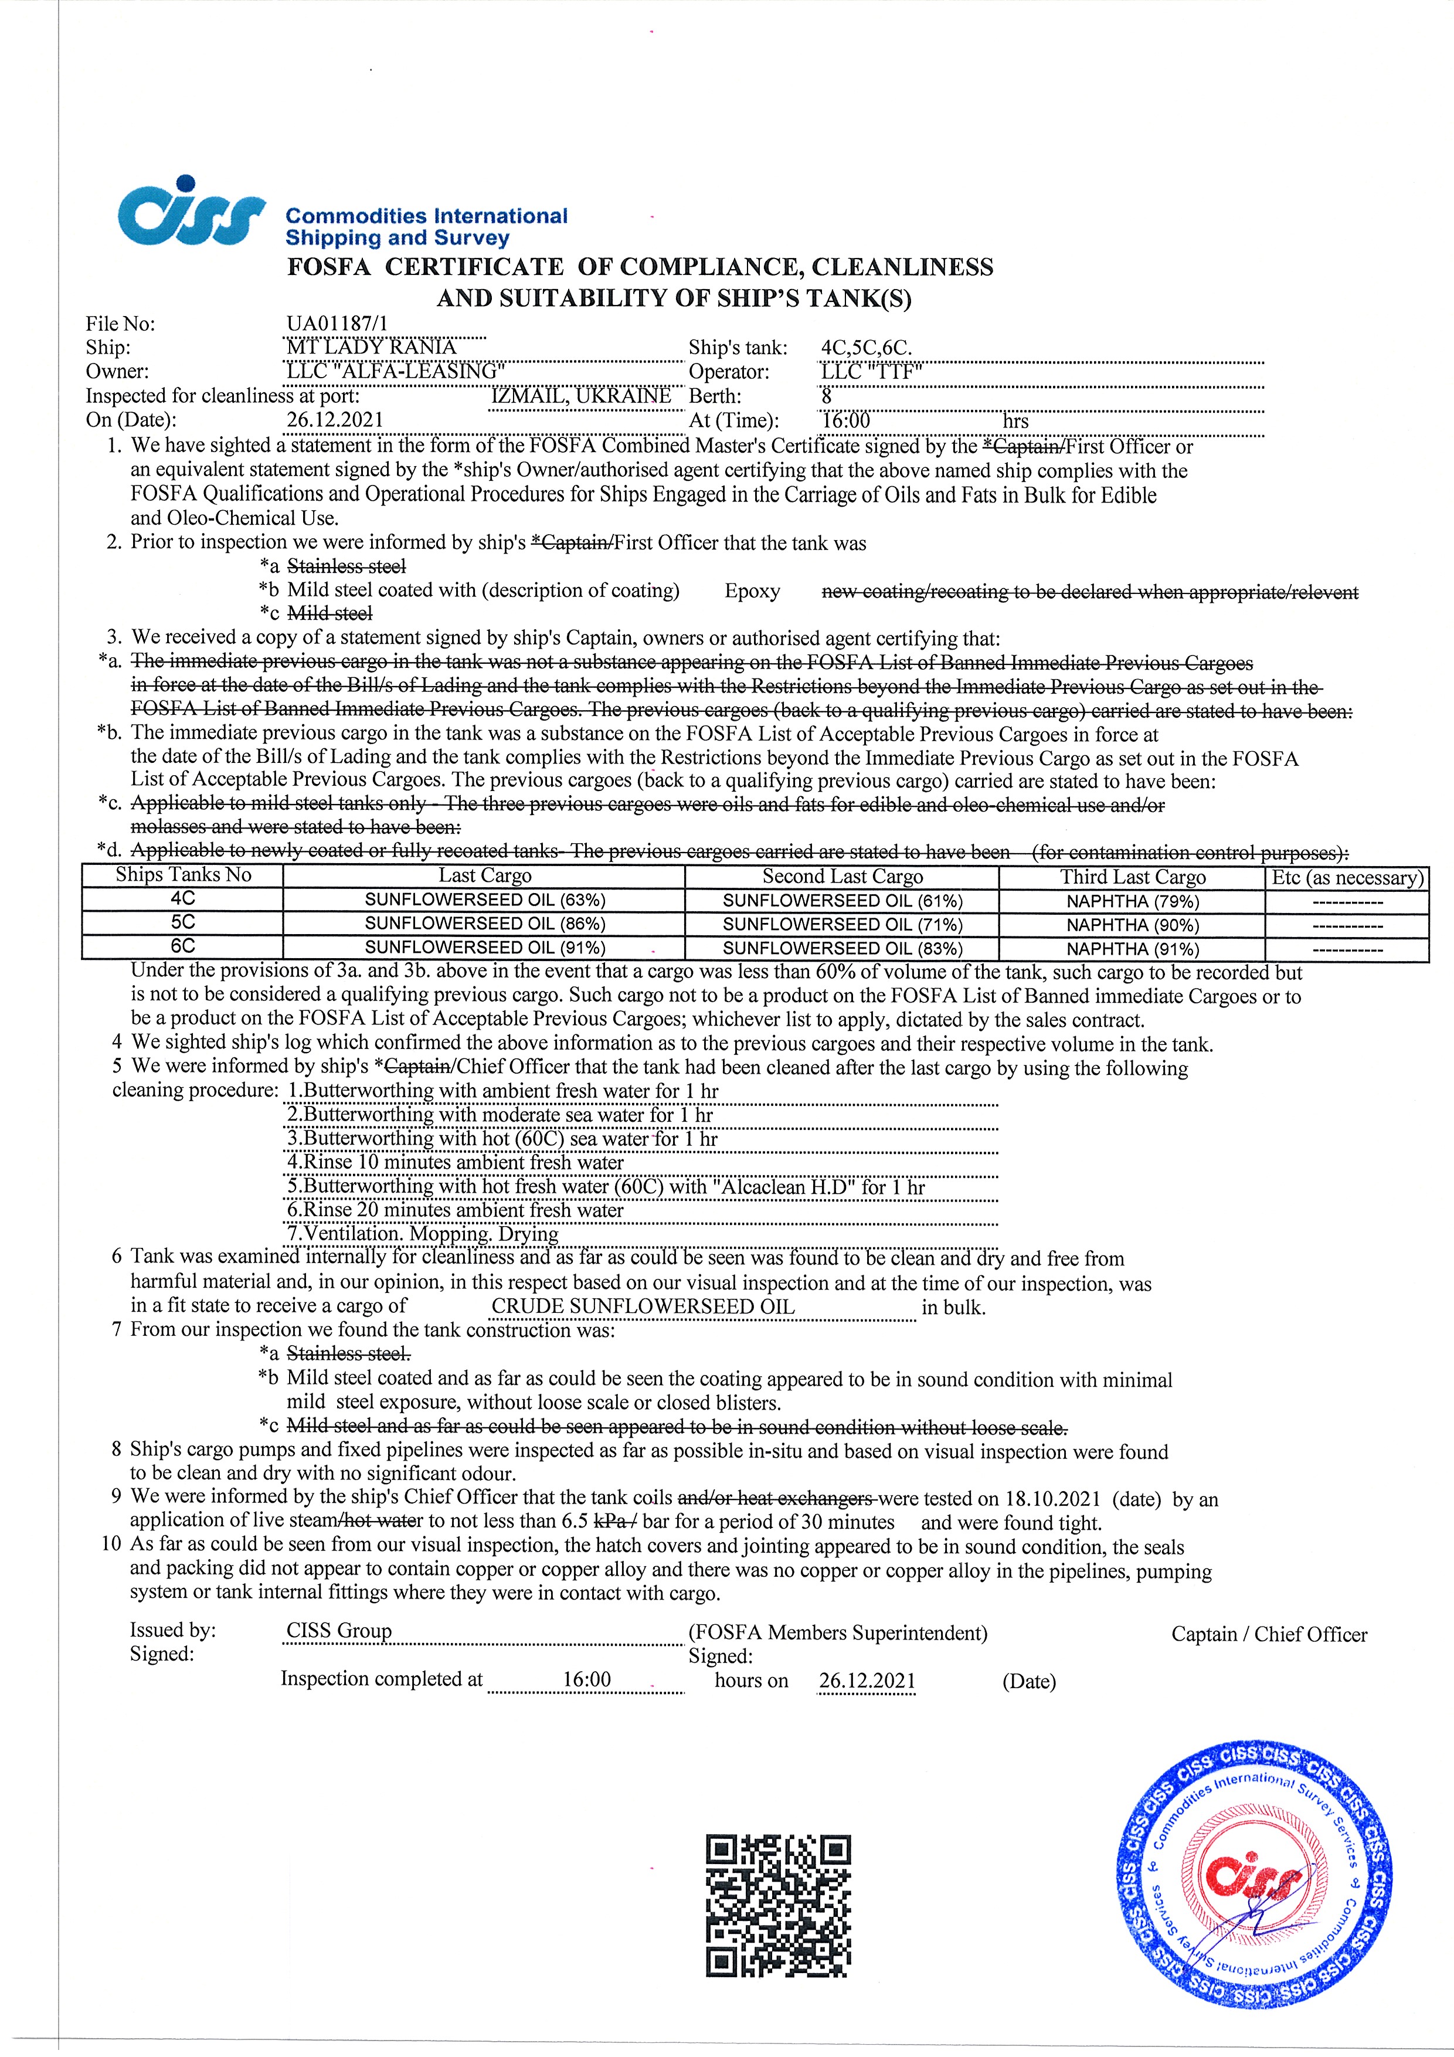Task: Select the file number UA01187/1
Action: point(338,324)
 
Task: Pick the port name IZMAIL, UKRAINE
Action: point(582,396)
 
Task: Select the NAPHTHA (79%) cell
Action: point(1132,901)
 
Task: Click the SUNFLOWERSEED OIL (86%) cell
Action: point(485,924)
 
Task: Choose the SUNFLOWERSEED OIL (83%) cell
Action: point(842,948)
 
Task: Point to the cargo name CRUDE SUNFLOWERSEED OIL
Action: point(643,1306)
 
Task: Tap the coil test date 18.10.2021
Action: point(1052,1499)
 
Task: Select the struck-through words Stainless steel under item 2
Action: point(346,566)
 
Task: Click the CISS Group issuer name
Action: point(339,1631)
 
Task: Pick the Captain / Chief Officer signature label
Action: point(1269,1634)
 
